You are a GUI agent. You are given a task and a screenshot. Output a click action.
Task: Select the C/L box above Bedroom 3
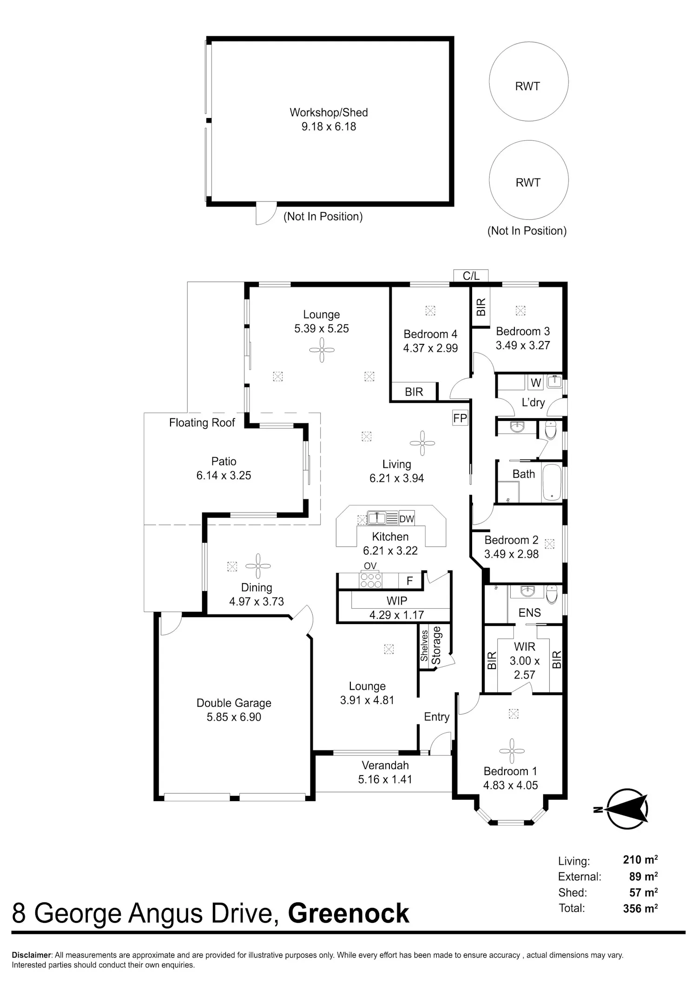(x=471, y=276)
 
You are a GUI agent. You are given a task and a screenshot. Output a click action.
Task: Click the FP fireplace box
(x=460, y=418)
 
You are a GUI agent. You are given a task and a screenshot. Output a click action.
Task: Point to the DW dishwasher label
(x=407, y=519)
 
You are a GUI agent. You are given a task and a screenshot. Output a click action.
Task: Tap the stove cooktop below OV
(x=371, y=580)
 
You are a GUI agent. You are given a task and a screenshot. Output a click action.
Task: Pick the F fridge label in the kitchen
(x=410, y=581)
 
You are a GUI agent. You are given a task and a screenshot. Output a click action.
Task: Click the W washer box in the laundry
(x=536, y=383)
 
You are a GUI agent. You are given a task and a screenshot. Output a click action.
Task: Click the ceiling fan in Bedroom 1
(x=512, y=751)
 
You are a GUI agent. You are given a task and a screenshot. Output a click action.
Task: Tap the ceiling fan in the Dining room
(x=258, y=566)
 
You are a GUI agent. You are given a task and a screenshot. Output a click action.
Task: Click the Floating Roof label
(x=202, y=422)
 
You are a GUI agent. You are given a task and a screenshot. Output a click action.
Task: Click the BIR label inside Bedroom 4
(x=414, y=392)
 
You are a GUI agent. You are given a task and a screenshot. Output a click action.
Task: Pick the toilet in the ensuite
(x=552, y=594)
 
